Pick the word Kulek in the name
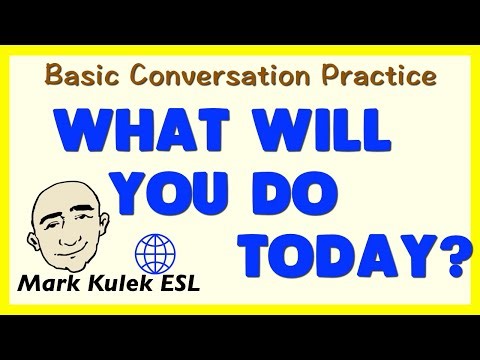tap(129, 283)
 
